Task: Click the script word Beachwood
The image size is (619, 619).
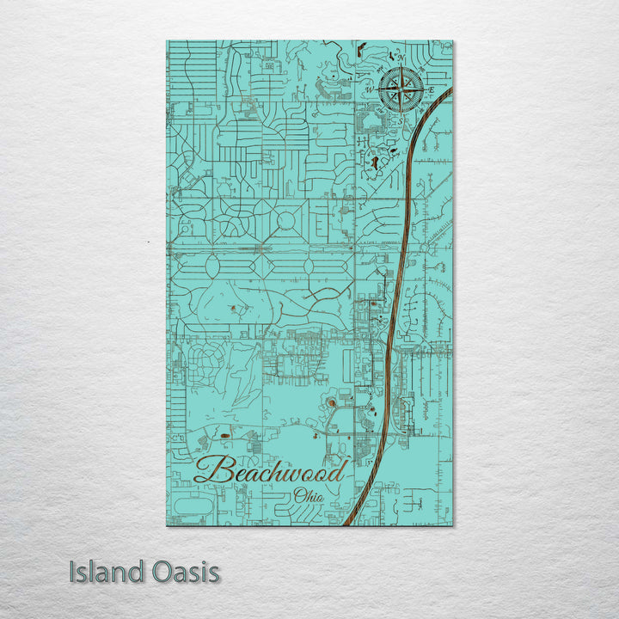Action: pyautogui.click(x=270, y=471)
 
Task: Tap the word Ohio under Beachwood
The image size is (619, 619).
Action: pyautogui.click(x=309, y=495)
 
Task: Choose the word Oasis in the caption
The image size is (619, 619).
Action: pyautogui.click(x=181, y=572)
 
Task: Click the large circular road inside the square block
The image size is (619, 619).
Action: pyautogui.click(x=285, y=222)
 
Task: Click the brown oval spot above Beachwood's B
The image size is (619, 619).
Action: pyautogui.click(x=226, y=436)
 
